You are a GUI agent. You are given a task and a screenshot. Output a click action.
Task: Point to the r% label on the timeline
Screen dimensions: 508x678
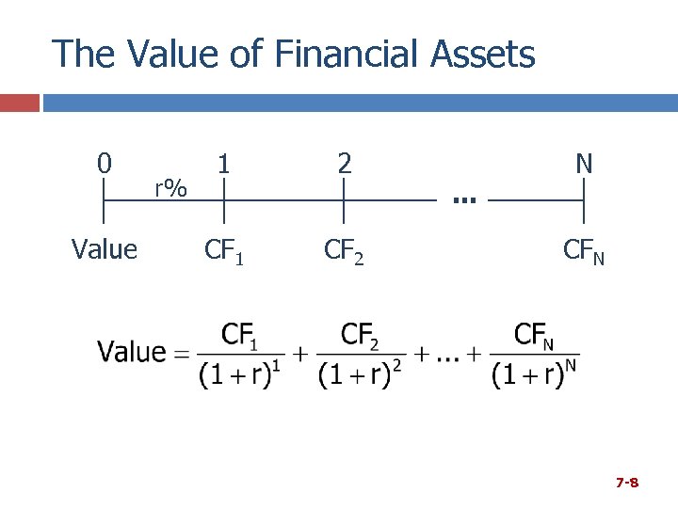(x=171, y=188)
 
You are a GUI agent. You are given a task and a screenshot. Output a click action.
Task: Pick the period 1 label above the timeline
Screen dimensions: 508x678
(x=224, y=164)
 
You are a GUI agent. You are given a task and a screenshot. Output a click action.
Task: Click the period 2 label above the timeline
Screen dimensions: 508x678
(x=345, y=164)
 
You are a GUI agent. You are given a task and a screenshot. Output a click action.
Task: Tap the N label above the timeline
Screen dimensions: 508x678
(x=584, y=164)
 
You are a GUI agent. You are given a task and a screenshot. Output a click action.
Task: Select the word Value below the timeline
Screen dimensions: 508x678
(x=105, y=249)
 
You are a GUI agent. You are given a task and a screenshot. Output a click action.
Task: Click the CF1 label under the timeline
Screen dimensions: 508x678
(x=225, y=250)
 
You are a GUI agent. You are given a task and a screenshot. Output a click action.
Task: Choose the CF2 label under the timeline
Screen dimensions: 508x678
(x=345, y=250)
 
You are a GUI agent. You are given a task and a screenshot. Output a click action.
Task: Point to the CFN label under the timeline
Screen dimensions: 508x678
(x=584, y=250)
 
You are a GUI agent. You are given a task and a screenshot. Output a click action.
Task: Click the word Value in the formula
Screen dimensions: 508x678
(x=132, y=353)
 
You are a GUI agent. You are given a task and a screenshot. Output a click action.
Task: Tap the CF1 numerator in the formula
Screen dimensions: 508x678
(x=240, y=334)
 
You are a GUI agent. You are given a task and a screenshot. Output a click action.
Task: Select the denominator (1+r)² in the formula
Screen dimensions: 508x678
(x=361, y=374)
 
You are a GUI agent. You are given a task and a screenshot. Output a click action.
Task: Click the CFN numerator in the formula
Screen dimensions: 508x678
(x=534, y=334)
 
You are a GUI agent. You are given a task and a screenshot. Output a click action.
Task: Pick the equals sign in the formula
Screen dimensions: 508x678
(x=181, y=354)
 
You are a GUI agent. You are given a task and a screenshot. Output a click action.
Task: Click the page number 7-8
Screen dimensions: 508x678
(x=627, y=483)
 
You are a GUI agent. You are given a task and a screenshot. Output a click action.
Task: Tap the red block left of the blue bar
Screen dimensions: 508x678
(x=20, y=103)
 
